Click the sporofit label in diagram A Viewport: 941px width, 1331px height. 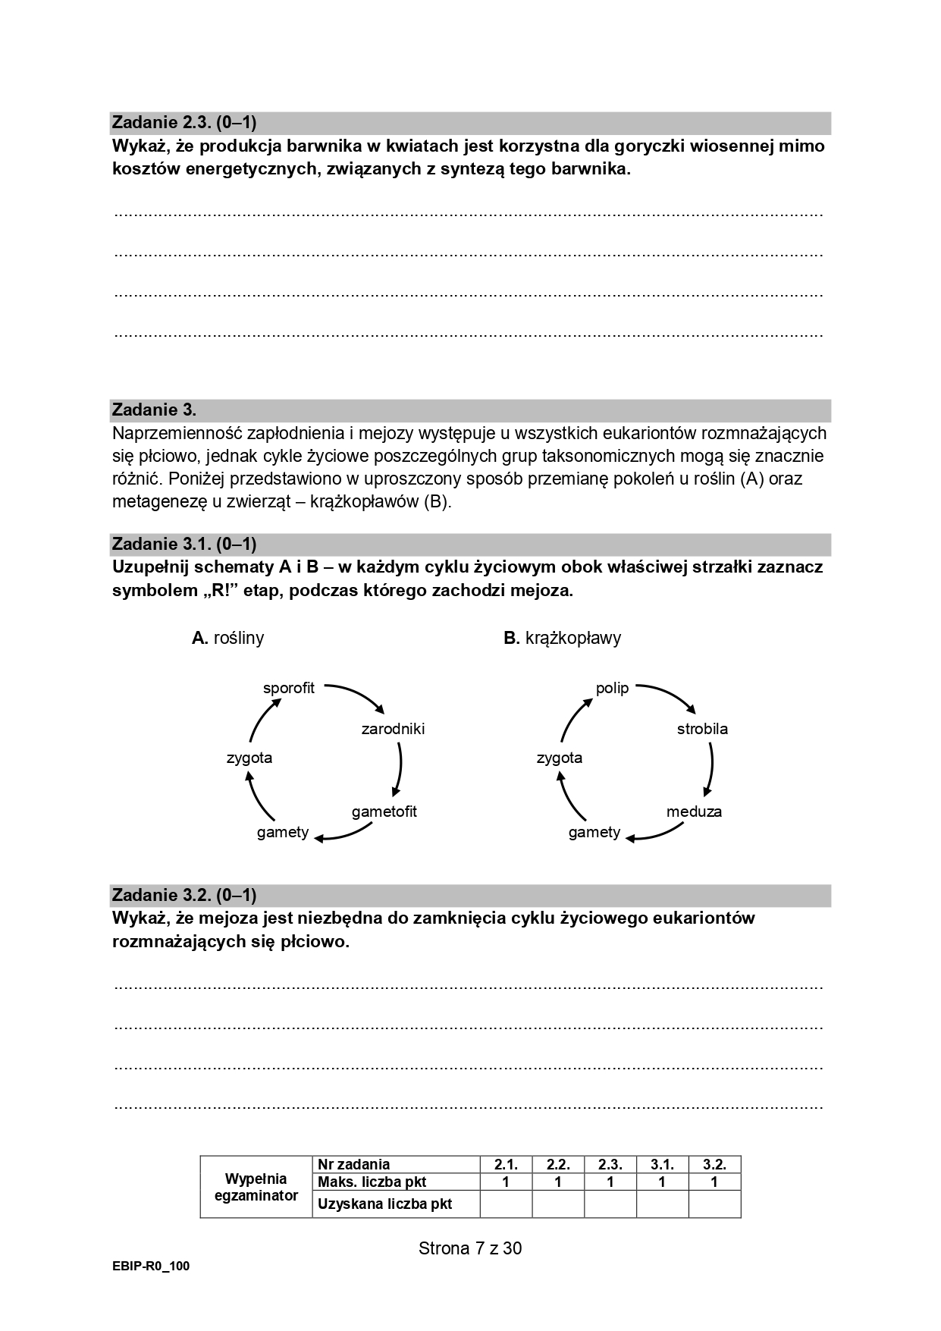pos(288,689)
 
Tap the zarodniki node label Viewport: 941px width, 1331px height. pos(393,729)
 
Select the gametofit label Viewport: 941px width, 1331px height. pos(384,811)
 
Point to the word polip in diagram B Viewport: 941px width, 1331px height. pos(612,689)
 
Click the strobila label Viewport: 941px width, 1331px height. pos(702,729)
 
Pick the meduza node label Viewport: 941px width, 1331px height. pos(694,811)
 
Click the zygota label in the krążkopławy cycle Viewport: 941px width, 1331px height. pos(560,758)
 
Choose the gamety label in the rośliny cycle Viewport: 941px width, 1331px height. pos(283,832)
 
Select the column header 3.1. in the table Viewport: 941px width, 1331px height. pos(662,1164)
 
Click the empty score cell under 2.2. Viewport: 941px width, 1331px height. pos(558,1204)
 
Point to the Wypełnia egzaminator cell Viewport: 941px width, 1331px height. pos(256,1187)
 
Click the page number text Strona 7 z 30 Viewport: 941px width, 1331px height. pos(470,1248)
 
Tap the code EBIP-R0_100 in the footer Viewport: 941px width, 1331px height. pos(151,1267)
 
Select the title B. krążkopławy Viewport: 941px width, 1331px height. pos(562,638)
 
